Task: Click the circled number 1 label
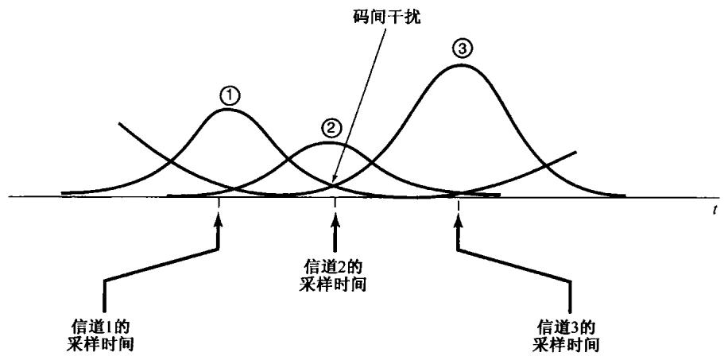(x=229, y=96)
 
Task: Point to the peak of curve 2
(x=330, y=143)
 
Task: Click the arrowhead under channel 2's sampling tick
(x=335, y=231)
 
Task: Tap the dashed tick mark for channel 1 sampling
(x=219, y=206)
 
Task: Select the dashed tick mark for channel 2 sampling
(x=335, y=206)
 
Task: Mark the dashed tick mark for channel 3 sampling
(x=459, y=206)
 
